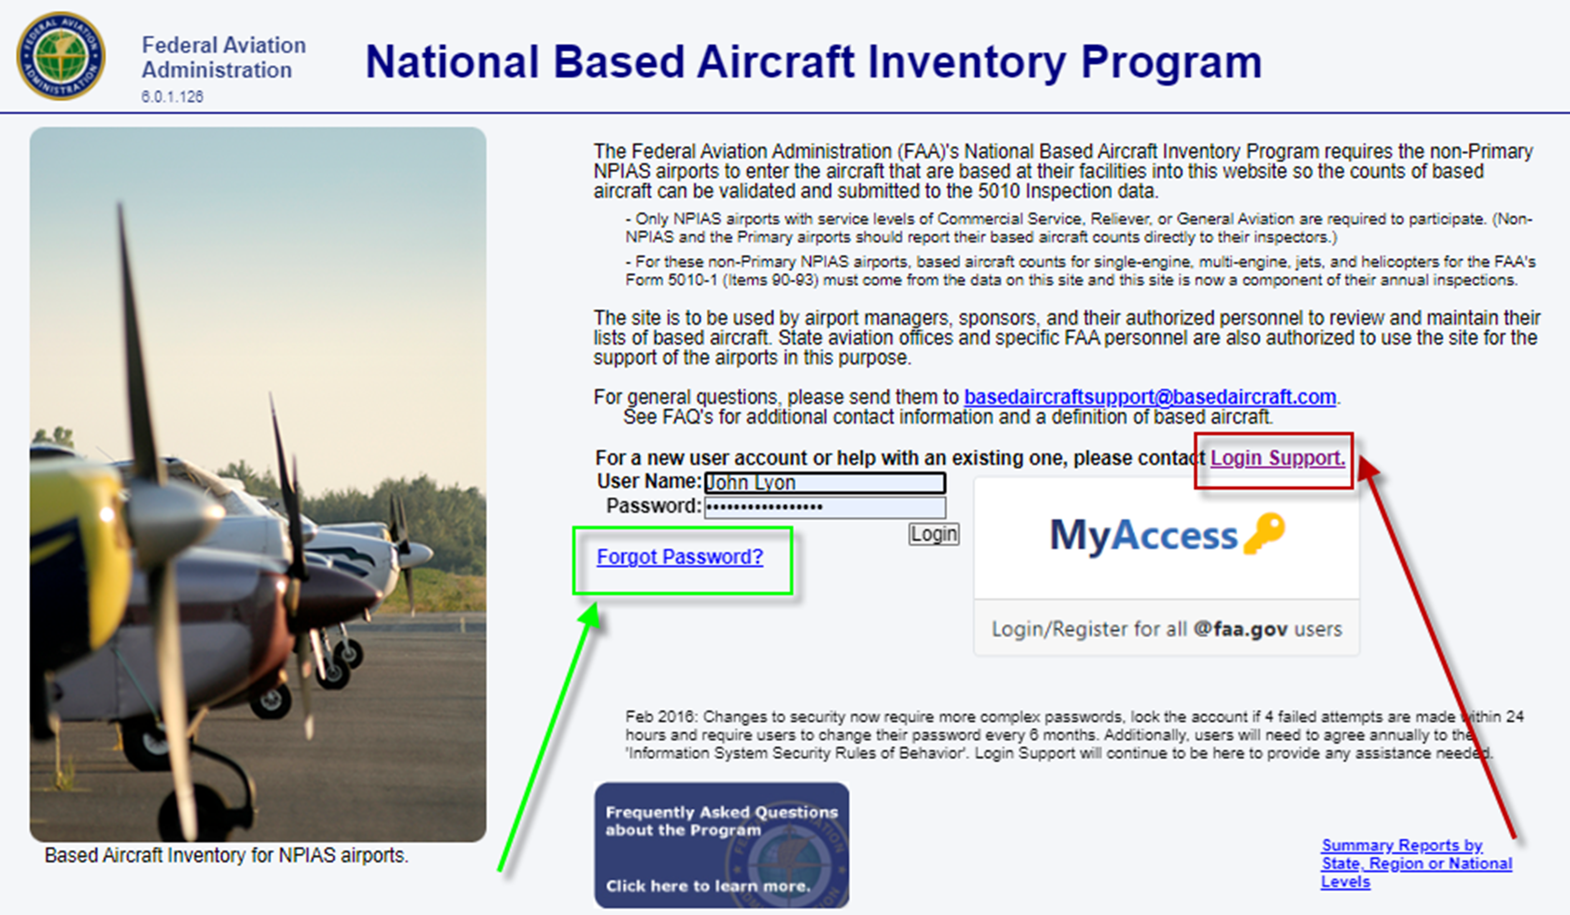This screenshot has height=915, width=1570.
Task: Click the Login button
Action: (933, 534)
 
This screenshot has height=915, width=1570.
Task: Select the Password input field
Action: (825, 507)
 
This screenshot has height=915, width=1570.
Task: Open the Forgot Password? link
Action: (680, 556)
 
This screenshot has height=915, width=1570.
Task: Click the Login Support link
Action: (1277, 458)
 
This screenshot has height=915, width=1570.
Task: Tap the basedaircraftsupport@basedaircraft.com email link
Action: (1150, 397)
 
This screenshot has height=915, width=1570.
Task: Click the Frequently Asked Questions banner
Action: (721, 844)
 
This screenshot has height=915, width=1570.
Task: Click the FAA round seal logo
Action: (61, 56)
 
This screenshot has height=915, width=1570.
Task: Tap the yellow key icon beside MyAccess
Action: (1264, 533)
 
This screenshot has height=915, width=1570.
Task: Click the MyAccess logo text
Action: (1143, 535)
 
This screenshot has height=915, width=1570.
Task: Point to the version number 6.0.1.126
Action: (172, 97)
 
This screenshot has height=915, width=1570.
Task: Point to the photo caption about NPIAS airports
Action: (226, 855)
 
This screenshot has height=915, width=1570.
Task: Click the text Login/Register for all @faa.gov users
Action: (1166, 629)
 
